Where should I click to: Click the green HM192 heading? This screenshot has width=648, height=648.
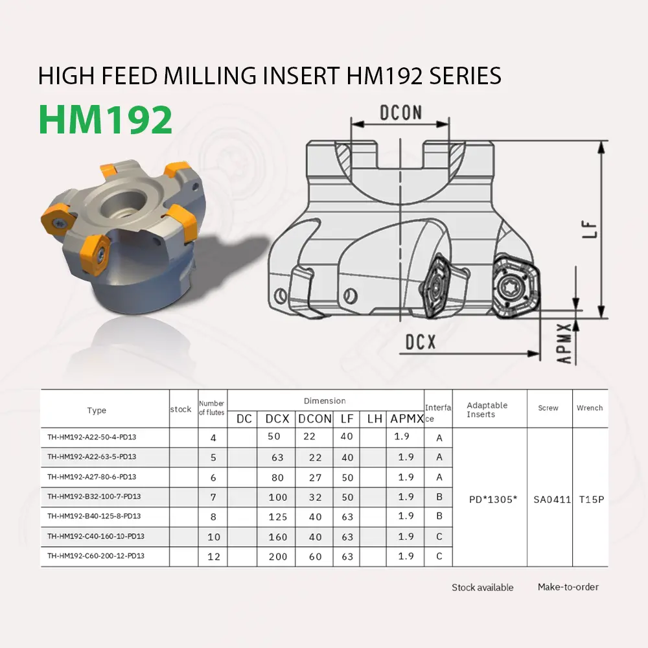coord(106,119)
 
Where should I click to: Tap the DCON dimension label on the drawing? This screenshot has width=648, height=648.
coord(400,113)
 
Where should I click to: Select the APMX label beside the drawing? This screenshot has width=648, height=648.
coord(564,343)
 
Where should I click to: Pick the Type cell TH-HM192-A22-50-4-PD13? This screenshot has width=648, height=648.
coord(92,437)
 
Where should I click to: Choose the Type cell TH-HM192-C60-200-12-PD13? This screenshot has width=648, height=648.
coord(96,556)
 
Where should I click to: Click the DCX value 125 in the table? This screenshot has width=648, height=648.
coord(277,516)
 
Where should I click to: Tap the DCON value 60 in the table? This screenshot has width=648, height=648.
coord(315,557)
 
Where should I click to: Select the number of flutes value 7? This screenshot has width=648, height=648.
coord(214,497)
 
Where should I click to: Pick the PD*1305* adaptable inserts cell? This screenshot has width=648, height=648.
coord(492,500)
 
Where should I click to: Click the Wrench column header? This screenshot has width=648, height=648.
coord(590,408)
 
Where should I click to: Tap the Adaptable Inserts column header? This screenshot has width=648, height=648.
coord(487,410)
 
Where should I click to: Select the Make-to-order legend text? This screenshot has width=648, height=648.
coord(568,587)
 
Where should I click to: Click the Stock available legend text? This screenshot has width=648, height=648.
coord(482,588)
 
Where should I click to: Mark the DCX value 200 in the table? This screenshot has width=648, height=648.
coord(277,557)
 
